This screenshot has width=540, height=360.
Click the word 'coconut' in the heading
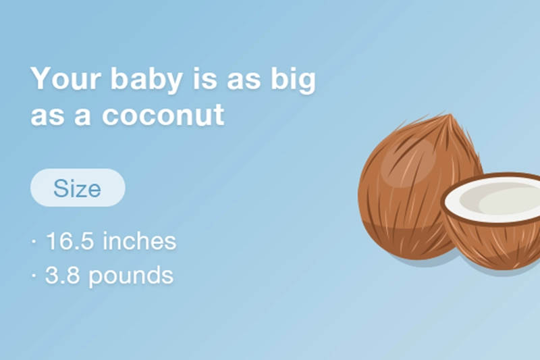coord(163,115)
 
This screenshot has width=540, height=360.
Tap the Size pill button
coord(78,188)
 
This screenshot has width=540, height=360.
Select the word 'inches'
coord(140,241)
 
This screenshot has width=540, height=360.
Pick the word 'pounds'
coord(132,276)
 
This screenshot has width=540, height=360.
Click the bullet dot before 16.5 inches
coord(34,242)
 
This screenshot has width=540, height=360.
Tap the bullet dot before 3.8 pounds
coord(34,276)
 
